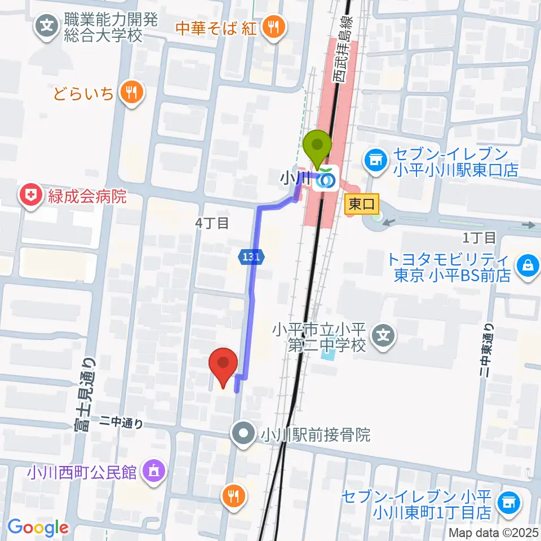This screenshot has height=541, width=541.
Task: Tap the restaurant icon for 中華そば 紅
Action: pyautogui.click(x=273, y=26)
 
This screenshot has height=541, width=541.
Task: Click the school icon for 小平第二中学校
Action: pyautogui.click(x=384, y=337)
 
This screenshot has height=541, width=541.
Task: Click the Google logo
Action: pyautogui.click(x=38, y=527)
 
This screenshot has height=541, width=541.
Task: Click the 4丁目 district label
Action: pyautogui.click(x=212, y=223)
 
